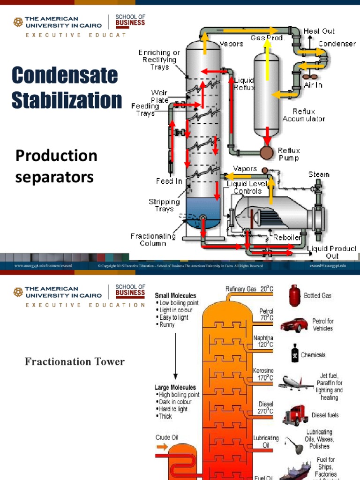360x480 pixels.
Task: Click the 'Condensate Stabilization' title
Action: pyautogui.click(x=66, y=88)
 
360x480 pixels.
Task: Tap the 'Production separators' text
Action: pyautogui.click(x=56, y=166)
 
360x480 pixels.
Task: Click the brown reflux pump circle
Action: pyautogui.click(x=267, y=153)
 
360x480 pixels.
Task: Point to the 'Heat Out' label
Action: pyautogui.click(x=319, y=31)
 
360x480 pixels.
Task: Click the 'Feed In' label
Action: pyautogui.click(x=169, y=181)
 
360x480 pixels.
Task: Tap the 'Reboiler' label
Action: pyautogui.click(x=287, y=238)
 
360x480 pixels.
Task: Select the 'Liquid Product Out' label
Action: pyautogui.click(x=331, y=252)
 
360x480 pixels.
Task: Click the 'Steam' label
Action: pyautogui.click(x=319, y=174)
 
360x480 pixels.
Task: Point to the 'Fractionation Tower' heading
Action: pyautogui.click(x=75, y=361)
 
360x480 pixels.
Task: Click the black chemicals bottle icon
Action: pyautogui.click(x=294, y=354)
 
